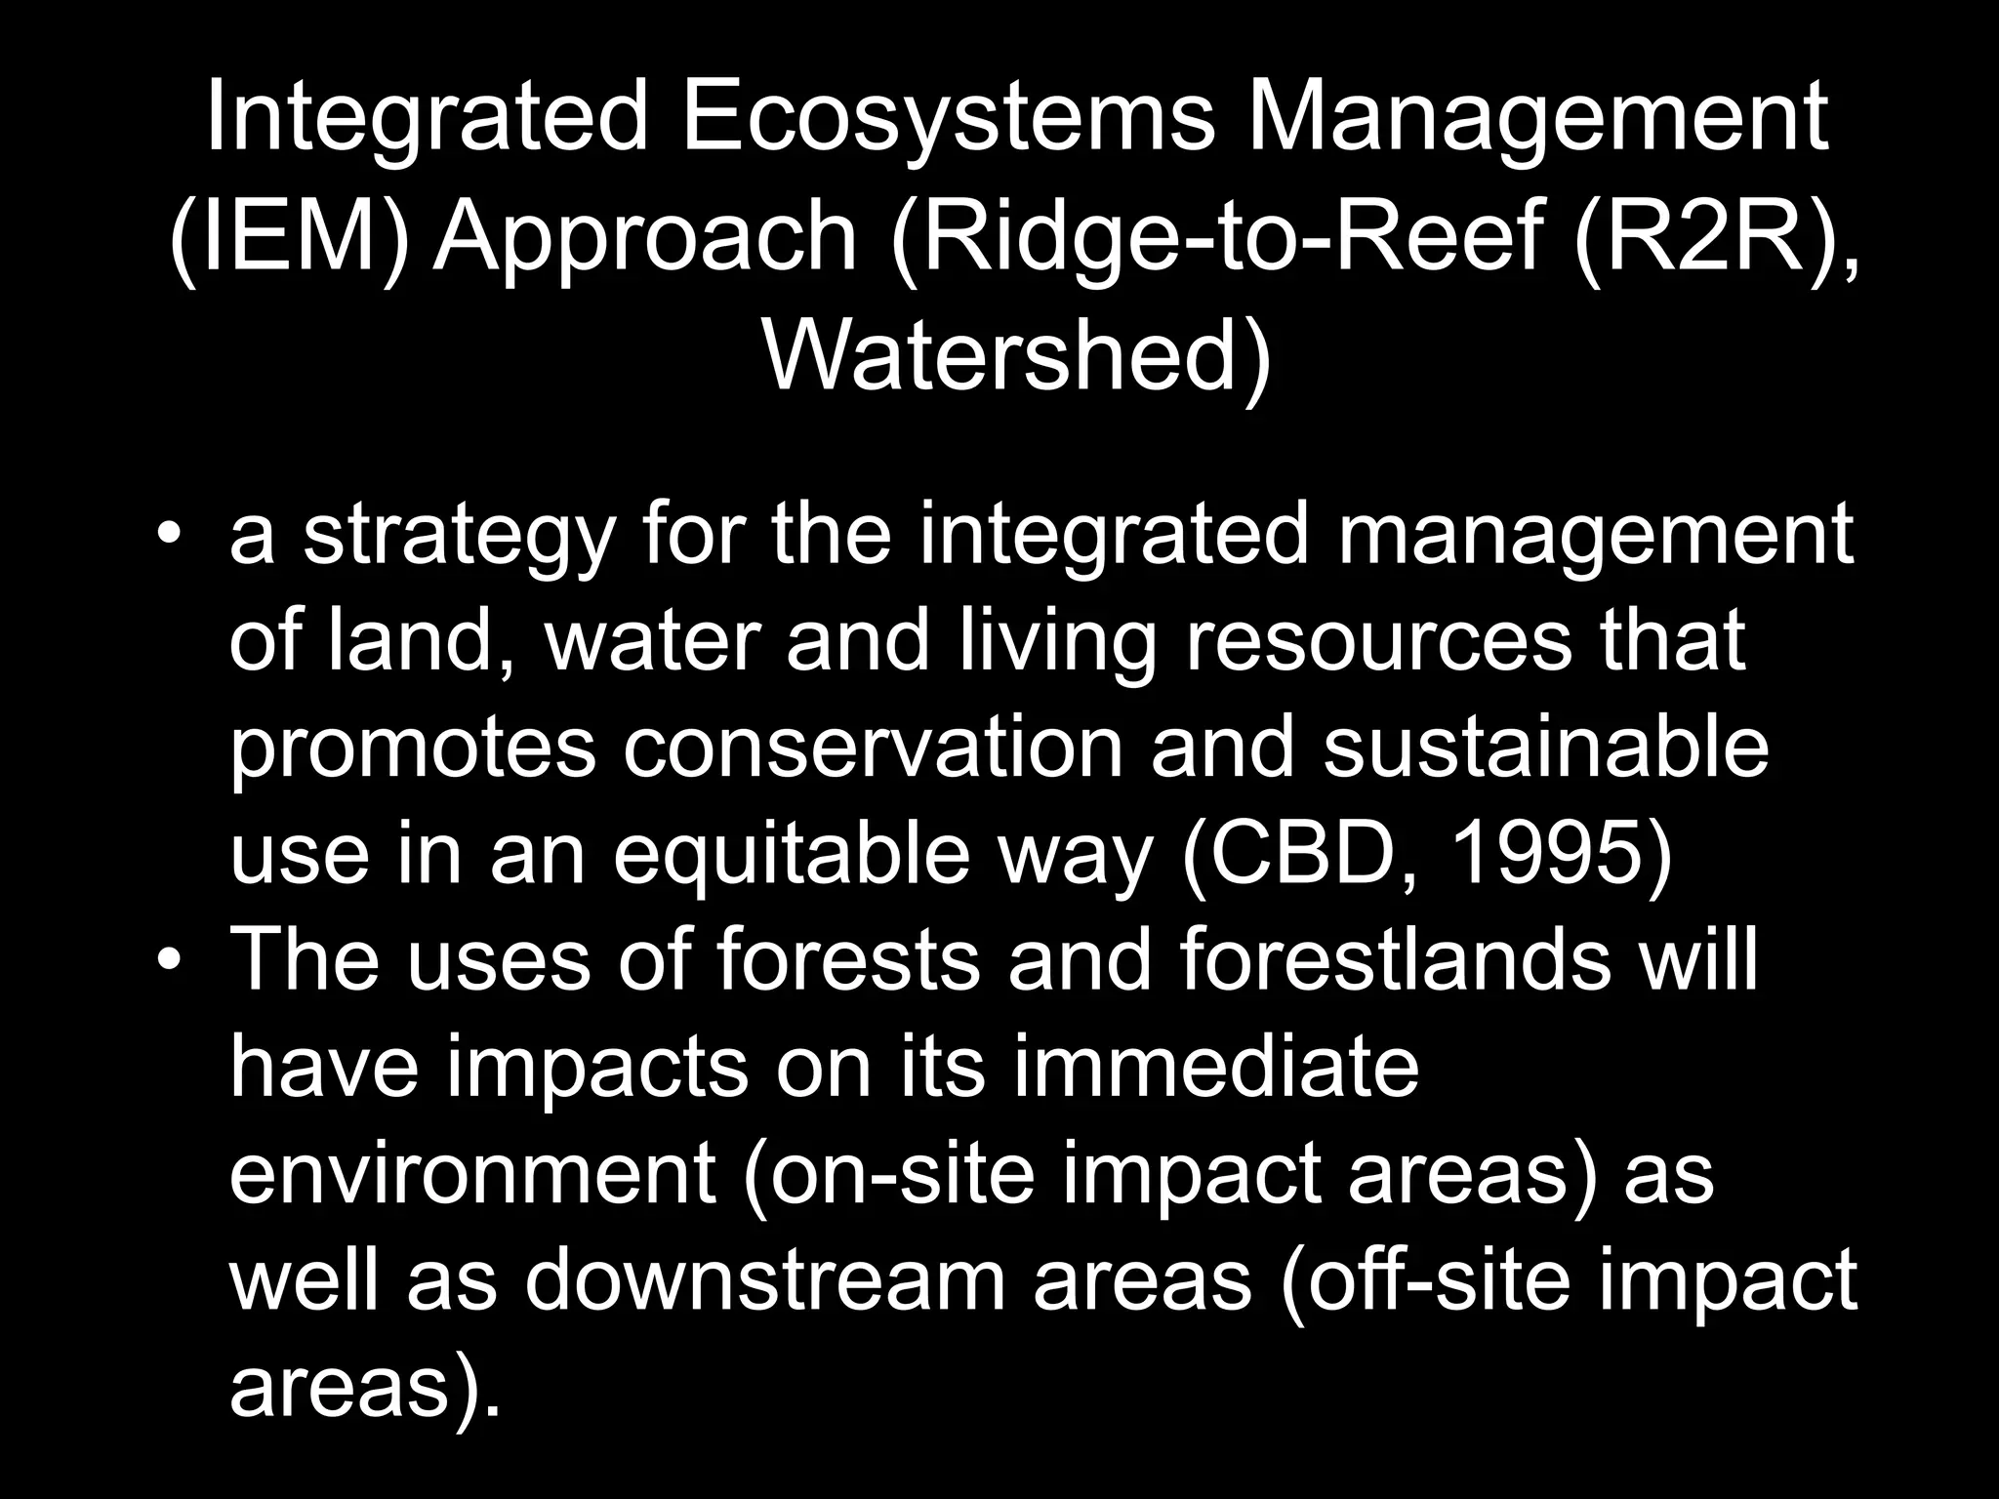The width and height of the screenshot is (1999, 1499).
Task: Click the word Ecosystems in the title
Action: [x=945, y=122]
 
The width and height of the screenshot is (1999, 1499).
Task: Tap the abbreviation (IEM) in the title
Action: [x=287, y=239]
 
